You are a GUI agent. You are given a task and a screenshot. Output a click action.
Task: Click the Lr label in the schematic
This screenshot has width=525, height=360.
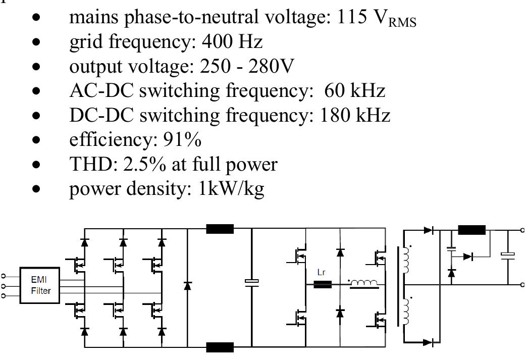tap(322, 273)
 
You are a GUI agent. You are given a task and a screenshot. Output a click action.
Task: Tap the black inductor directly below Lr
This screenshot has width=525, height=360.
tap(322, 284)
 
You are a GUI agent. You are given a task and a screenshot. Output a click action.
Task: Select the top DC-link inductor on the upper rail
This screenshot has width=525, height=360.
tap(220, 229)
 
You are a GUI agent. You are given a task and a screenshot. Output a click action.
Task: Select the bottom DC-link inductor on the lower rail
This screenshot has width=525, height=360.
tap(220, 347)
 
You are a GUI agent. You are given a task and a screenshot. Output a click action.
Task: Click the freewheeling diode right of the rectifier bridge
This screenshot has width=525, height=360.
tap(188, 286)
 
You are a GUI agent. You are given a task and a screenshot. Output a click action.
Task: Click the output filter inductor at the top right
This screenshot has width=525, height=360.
tap(471, 230)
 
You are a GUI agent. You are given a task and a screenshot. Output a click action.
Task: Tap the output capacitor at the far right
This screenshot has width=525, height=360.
tap(507, 255)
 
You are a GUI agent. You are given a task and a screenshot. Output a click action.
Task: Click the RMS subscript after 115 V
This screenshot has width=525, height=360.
tap(402, 22)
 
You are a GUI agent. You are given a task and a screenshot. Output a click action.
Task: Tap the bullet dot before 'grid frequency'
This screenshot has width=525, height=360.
tap(35, 42)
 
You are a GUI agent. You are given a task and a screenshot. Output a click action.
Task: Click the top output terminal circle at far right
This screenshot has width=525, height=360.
tap(522, 230)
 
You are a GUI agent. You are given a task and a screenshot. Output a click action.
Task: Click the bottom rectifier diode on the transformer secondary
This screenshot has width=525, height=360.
tap(429, 343)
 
